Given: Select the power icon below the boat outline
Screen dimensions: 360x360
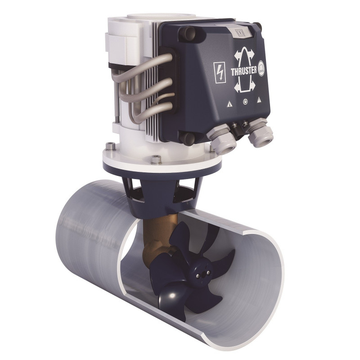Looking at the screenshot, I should click(x=245, y=102).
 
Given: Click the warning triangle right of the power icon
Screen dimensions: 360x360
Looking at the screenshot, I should click(x=260, y=100).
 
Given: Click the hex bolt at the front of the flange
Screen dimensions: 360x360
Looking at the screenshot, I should click(x=156, y=158).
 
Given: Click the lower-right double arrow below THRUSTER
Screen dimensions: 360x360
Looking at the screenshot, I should click(x=254, y=85).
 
